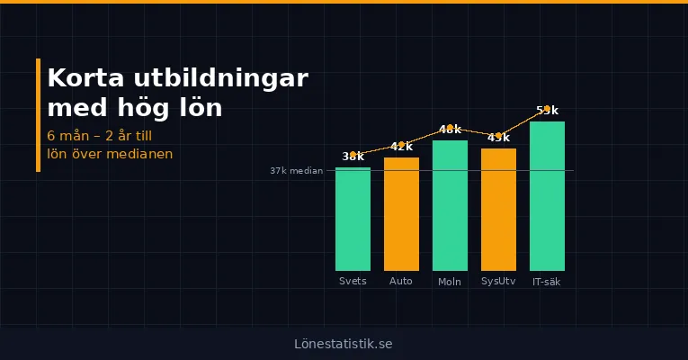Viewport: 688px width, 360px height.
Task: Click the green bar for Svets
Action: pyautogui.click(x=353, y=219)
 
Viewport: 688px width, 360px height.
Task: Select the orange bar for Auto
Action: pyautogui.click(x=401, y=214)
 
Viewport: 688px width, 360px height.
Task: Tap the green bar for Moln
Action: pyautogui.click(x=450, y=205)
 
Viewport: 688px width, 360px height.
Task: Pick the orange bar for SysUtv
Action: pyautogui.click(x=498, y=210)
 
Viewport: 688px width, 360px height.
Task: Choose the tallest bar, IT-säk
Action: pyautogui.click(x=547, y=196)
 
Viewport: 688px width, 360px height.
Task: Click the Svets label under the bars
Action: pyautogui.click(x=353, y=282)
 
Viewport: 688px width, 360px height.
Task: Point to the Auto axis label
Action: pyautogui.click(x=401, y=282)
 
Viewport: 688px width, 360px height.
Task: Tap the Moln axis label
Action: pyautogui.click(x=450, y=282)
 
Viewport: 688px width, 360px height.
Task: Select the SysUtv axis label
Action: pyautogui.click(x=498, y=282)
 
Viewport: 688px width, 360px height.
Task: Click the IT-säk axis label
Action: pyautogui.click(x=547, y=282)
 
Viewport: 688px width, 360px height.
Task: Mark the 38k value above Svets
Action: pyautogui.click(x=353, y=157)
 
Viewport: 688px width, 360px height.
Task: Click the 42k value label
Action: pyautogui.click(x=401, y=147)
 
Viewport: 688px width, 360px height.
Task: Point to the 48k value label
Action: pyautogui.click(x=450, y=130)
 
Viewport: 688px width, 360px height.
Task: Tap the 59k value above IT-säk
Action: pyautogui.click(x=547, y=111)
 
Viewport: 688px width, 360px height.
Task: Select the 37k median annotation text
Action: pyautogui.click(x=296, y=170)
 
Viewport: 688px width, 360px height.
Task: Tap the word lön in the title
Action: pyautogui.click(x=199, y=108)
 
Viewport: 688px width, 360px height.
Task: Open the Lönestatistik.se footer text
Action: pyautogui.click(x=344, y=344)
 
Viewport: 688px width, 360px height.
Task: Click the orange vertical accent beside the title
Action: pyautogui.click(x=39, y=114)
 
